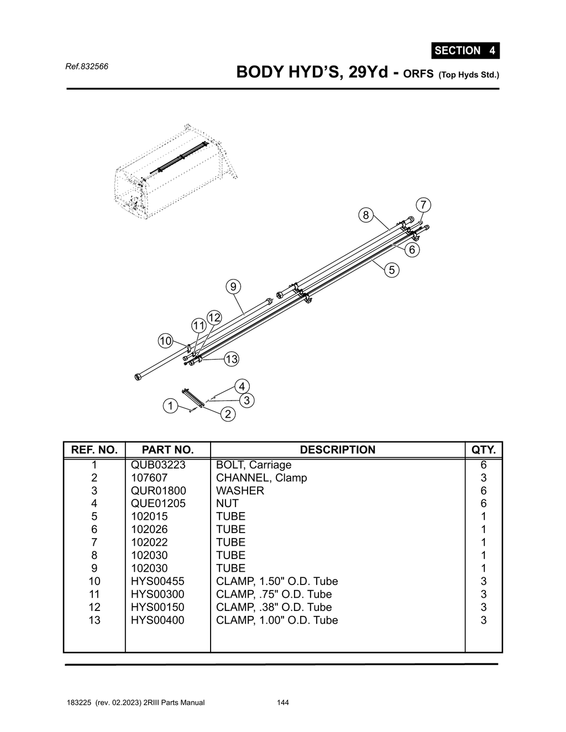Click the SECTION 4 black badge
point(465,51)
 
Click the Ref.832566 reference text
point(87,67)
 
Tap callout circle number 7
point(423,205)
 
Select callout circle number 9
point(233,287)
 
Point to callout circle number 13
point(231,359)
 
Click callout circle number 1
point(170,406)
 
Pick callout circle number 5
point(392,270)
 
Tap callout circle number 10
point(166,341)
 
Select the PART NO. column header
point(167,450)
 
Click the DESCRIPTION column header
point(337,450)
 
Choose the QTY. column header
point(483,450)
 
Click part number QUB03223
point(158,465)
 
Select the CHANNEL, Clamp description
point(261,478)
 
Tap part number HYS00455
point(158,581)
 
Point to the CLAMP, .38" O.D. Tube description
point(274,607)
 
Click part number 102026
point(149,529)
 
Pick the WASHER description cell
point(240,491)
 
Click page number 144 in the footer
point(282,703)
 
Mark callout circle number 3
point(247,401)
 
